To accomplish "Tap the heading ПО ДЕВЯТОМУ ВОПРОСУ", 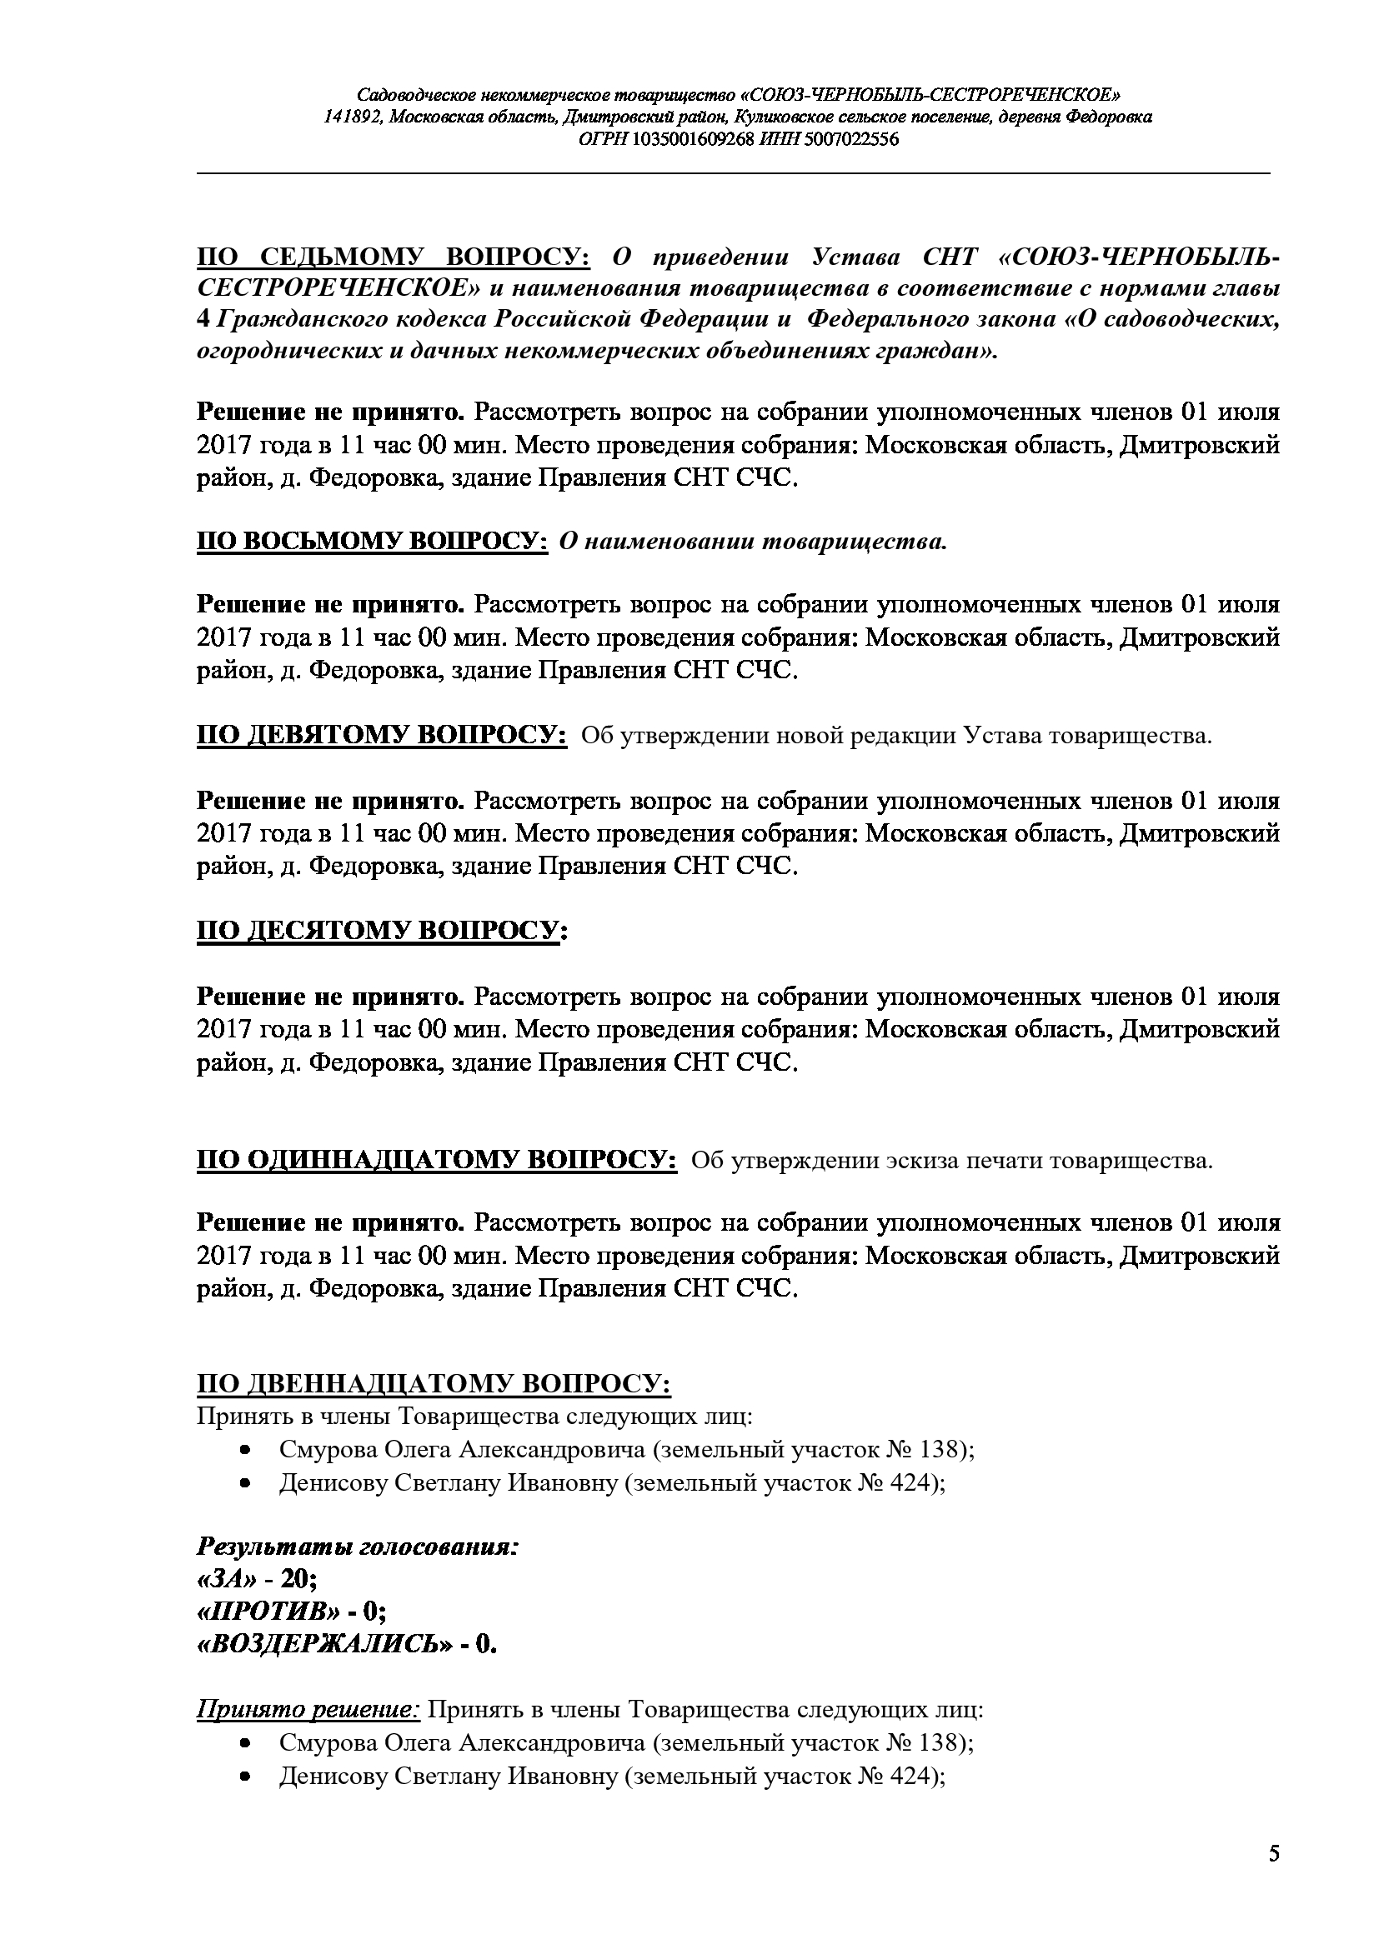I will coord(382,735).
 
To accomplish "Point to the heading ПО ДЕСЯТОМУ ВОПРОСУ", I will coord(382,932).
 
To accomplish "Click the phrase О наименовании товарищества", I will coord(752,542).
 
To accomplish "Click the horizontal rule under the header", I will coord(734,173).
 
